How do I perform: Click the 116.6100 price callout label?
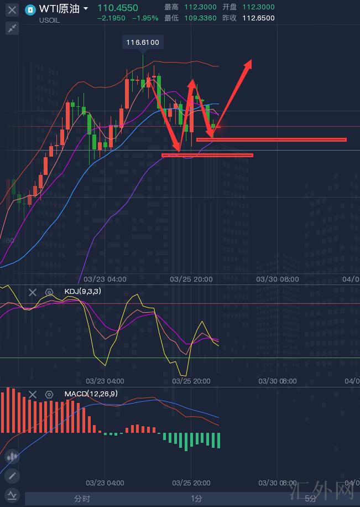point(143,43)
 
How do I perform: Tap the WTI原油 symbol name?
point(60,8)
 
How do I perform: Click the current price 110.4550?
point(118,8)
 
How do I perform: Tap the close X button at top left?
point(12,9)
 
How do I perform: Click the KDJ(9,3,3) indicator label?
point(83,291)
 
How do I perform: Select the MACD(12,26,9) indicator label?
point(91,394)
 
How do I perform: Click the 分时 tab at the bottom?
point(82,499)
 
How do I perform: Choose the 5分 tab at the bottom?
point(311,499)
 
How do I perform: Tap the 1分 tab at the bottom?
point(196,499)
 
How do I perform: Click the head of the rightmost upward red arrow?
point(249,62)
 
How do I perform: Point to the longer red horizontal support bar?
point(271,139)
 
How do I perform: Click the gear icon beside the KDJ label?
point(49,292)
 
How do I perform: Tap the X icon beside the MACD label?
point(33,394)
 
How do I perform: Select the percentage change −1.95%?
point(145,18)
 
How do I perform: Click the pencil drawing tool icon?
point(12,475)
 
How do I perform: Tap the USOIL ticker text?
point(50,20)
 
